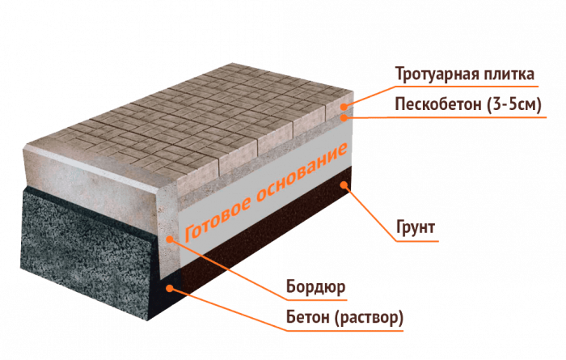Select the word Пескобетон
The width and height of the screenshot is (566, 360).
pyautogui.click(x=438, y=104)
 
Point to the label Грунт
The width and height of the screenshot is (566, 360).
pyautogui.click(x=416, y=228)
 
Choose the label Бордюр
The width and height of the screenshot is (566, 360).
pyautogui.click(x=316, y=287)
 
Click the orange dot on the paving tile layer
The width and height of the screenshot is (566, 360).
pyautogui.click(x=344, y=107)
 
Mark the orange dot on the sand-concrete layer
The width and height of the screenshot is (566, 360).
pyautogui.click(x=344, y=117)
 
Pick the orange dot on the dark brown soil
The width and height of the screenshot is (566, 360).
pyautogui.click(x=344, y=184)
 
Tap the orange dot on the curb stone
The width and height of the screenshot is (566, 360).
pyautogui.click(x=170, y=239)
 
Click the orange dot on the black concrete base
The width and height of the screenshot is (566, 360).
pyautogui.click(x=170, y=288)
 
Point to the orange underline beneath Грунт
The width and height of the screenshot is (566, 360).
pyautogui.click(x=417, y=241)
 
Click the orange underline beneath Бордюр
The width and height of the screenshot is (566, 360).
pyautogui.click(x=317, y=299)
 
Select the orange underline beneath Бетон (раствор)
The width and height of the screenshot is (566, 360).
pyautogui.click(x=345, y=330)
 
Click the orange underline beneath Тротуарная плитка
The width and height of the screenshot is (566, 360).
pyautogui.click(x=467, y=87)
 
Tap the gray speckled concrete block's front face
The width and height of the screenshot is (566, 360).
pyautogui.click(x=87, y=249)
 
